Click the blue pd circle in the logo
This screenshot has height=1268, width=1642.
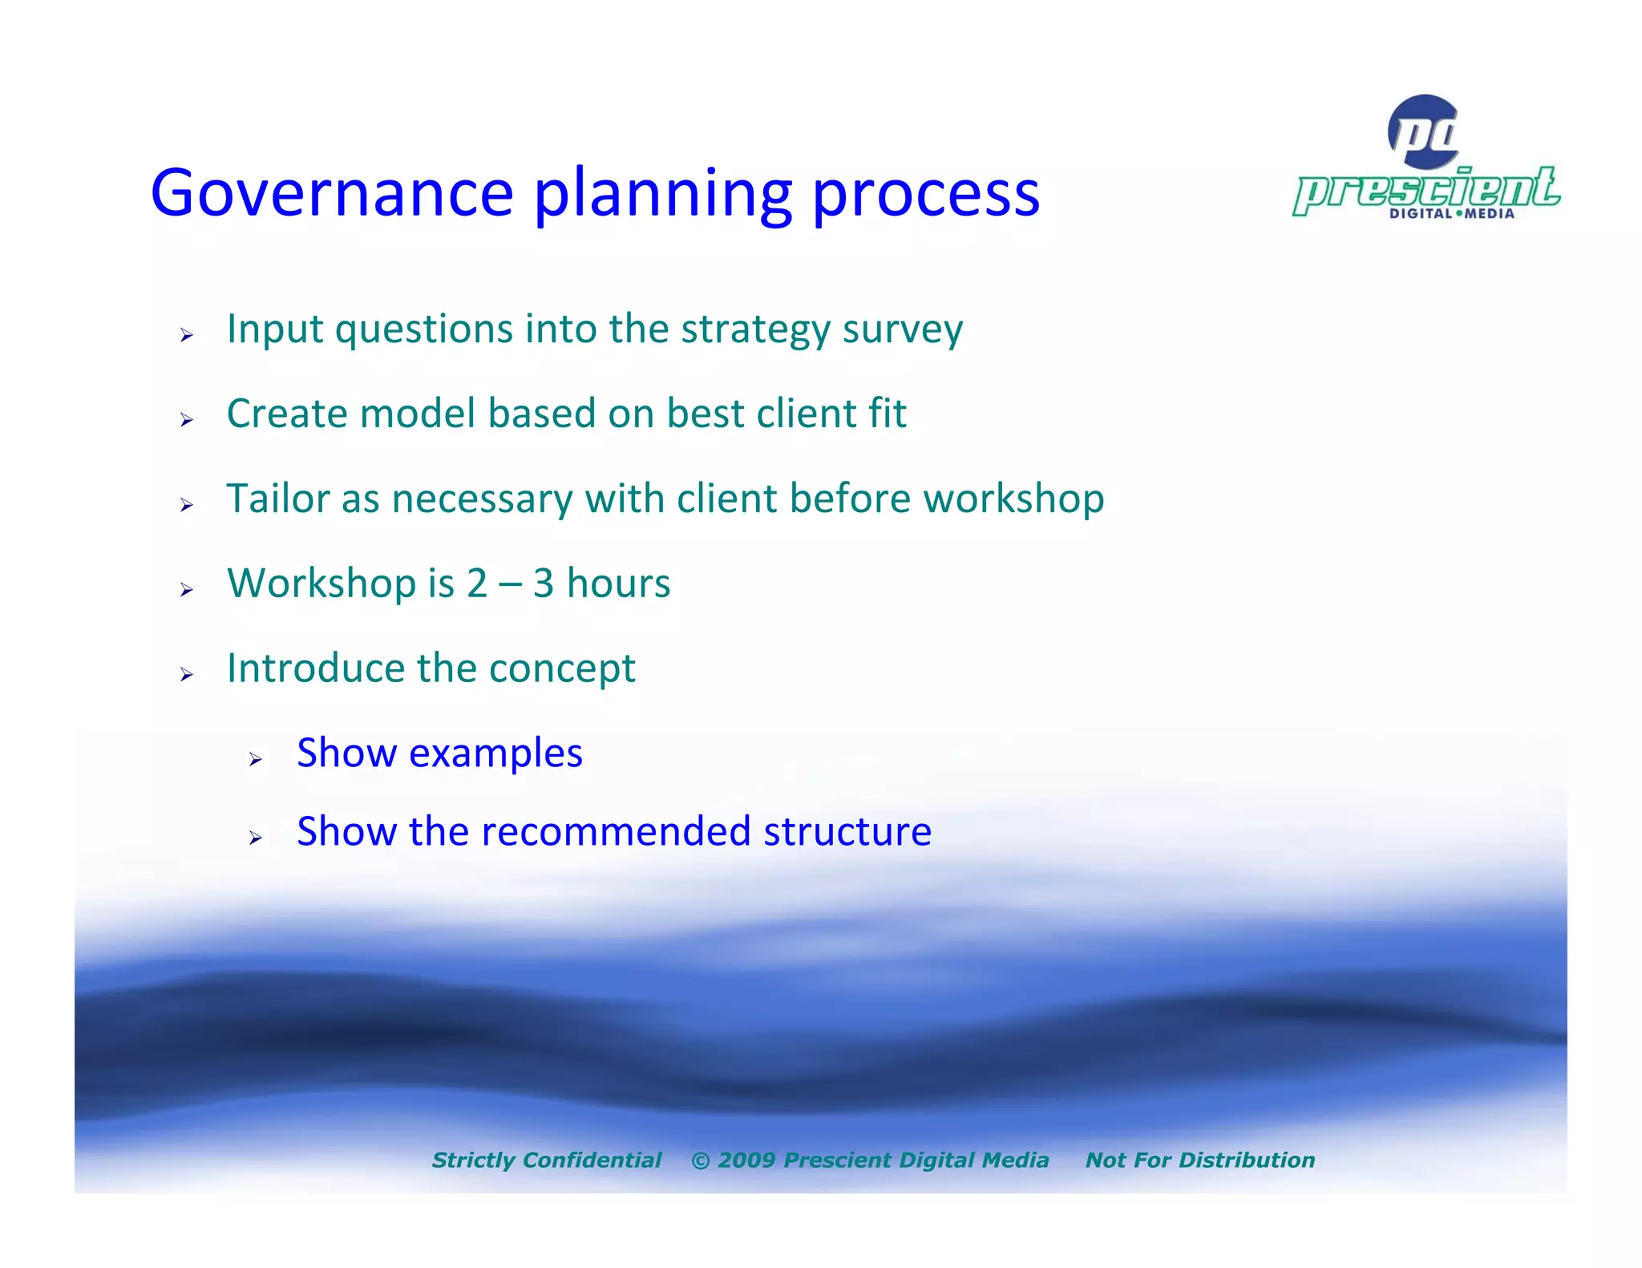(1424, 131)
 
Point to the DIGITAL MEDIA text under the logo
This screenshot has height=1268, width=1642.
(1451, 214)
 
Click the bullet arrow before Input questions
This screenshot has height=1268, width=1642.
(187, 335)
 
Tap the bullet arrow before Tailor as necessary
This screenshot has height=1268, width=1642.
(187, 505)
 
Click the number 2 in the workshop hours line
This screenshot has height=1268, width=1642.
(477, 584)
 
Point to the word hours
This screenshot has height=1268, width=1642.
(618, 584)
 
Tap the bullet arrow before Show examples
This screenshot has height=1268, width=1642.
(256, 759)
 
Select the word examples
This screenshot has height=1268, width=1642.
(495, 754)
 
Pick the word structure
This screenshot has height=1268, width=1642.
(847, 831)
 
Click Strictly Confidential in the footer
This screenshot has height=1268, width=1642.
(547, 1160)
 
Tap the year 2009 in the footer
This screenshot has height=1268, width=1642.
(746, 1160)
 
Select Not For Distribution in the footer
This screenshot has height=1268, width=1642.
(1199, 1160)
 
